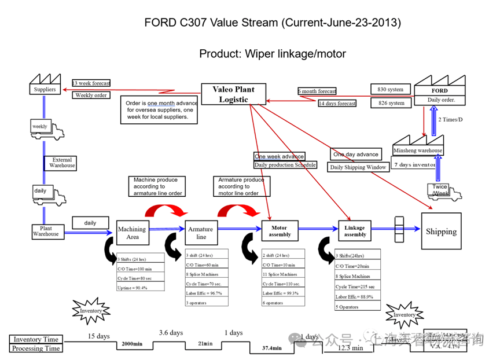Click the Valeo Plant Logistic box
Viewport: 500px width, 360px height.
tap(233, 94)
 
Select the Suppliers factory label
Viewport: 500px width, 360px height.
tap(45, 90)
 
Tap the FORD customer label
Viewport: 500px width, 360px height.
tap(440, 91)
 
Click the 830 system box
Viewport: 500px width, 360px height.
tap(391, 89)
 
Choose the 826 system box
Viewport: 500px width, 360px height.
tap(391, 103)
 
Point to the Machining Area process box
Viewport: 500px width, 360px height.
tap(132, 233)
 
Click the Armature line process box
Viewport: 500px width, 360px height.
tap(201, 233)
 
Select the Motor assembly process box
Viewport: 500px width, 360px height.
tap(280, 231)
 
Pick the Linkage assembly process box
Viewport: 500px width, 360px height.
tap(355, 231)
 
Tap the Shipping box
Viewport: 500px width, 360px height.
tap(441, 232)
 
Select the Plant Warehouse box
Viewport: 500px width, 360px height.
tap(45, 231)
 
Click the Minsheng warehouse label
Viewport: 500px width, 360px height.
tap(418, 150)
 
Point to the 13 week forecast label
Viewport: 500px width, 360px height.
tap(91, 83)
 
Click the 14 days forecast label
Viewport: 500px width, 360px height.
tap(337, 104)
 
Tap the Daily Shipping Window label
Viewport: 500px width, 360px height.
tap(358, 167)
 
